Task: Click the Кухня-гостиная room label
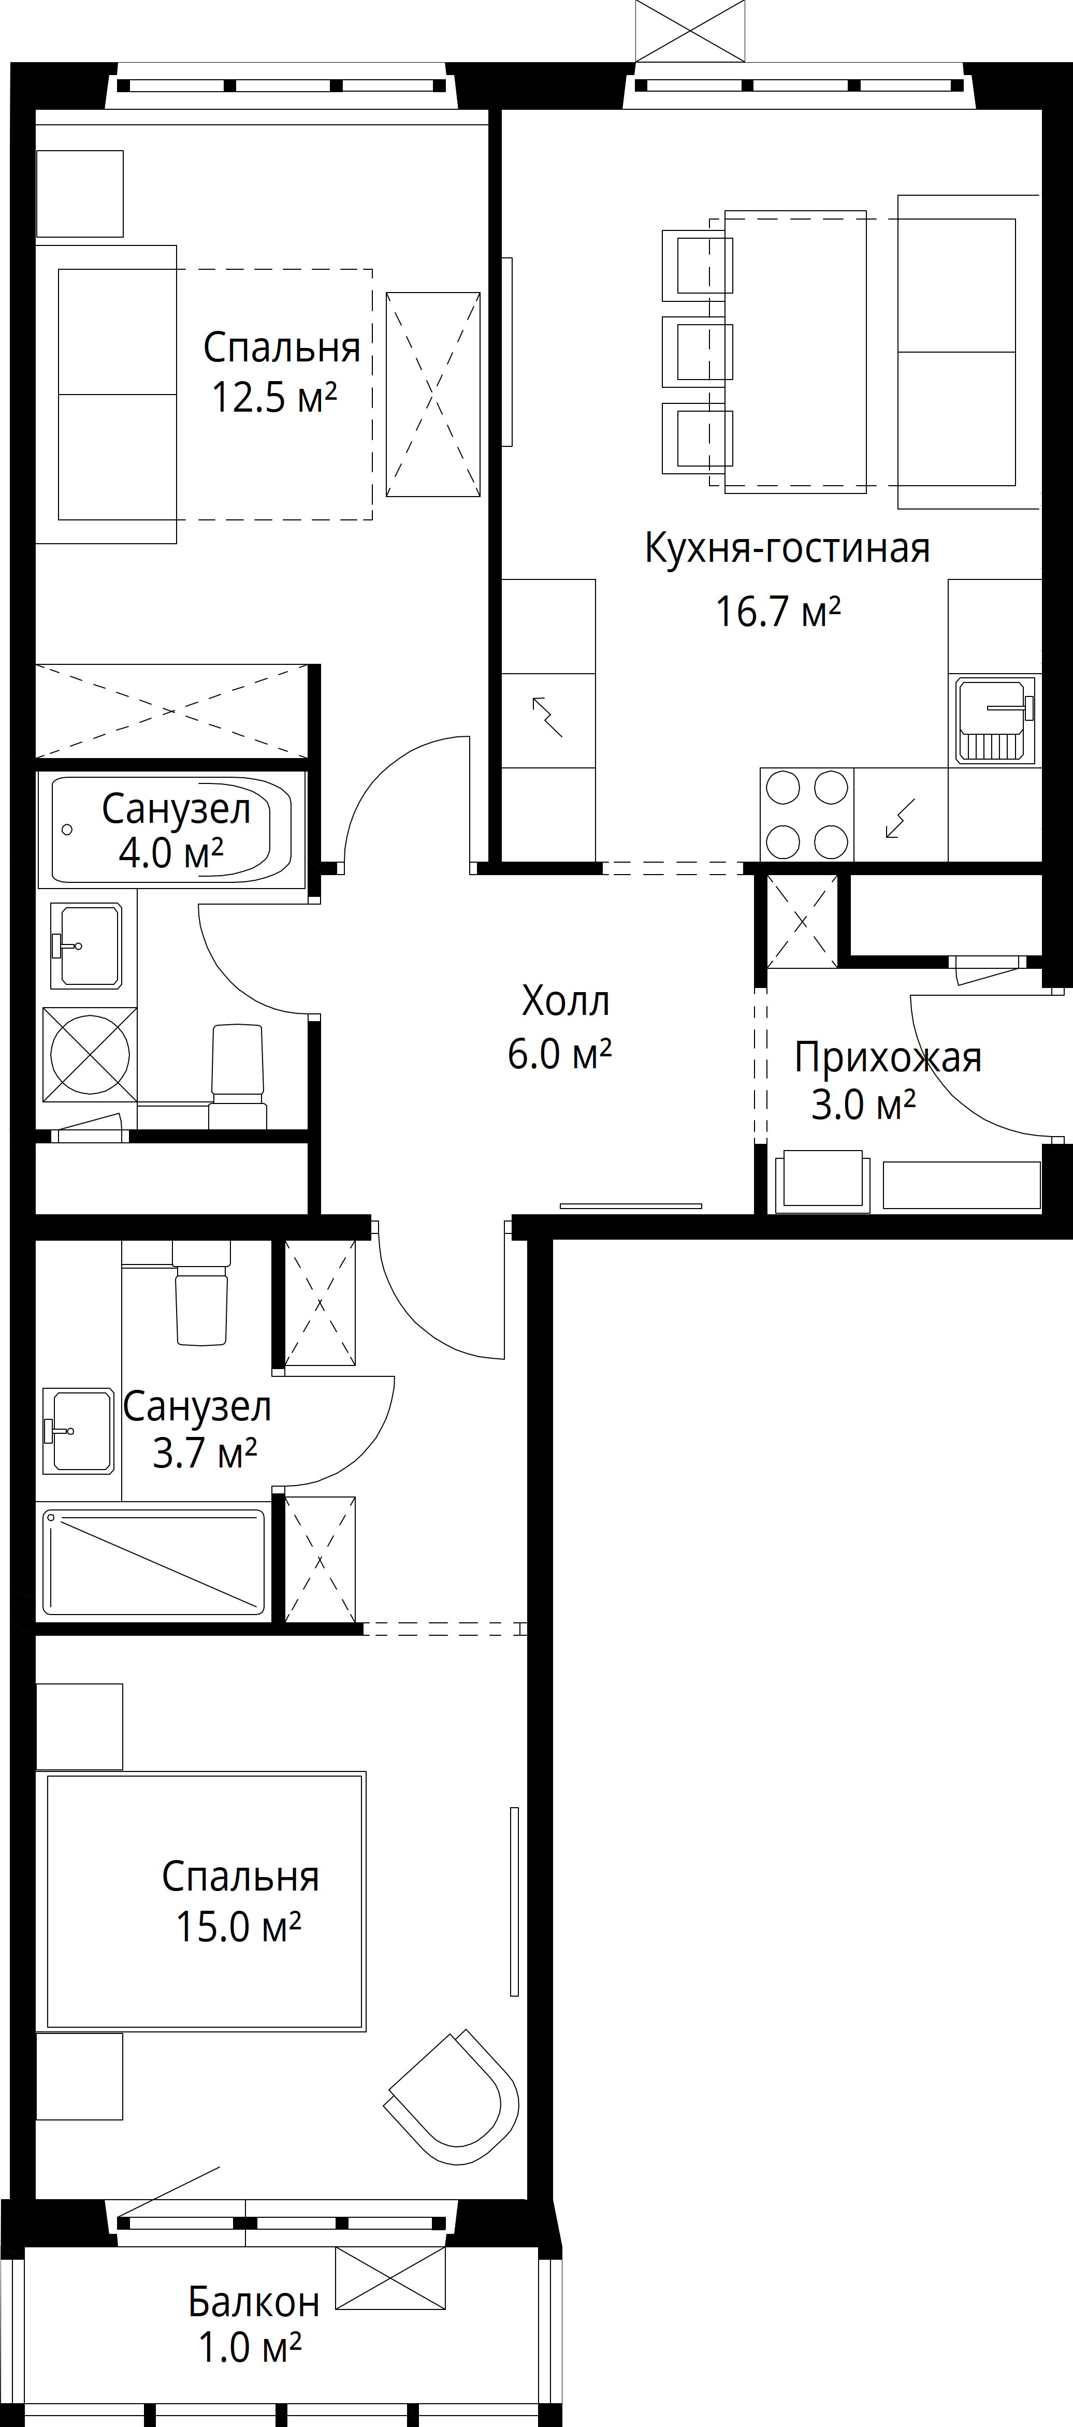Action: tap(788, 547)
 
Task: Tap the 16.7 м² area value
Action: tap(778, 612)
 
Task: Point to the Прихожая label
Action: tap(888, 1057)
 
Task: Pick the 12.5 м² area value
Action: tap(274, 397)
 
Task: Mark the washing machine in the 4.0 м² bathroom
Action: tap(90, 1054)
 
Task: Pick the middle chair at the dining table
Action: tap(698, 352)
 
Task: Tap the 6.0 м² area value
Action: tap(560, 1054)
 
